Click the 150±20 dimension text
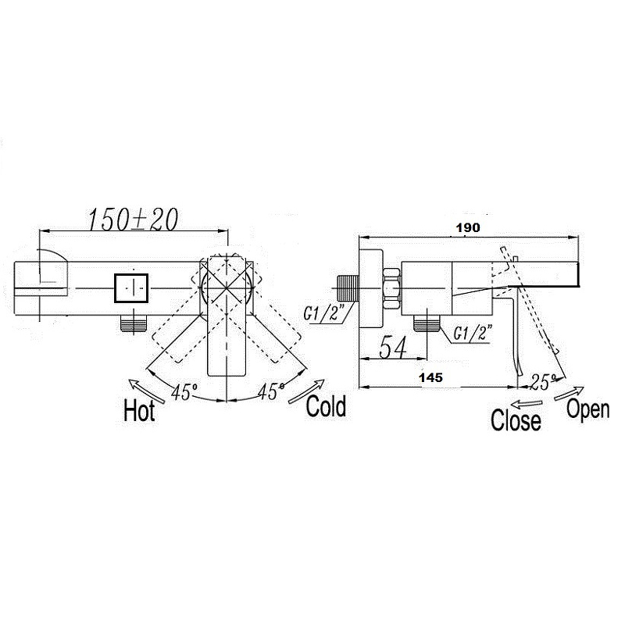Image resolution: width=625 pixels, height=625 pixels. tap(132, 220)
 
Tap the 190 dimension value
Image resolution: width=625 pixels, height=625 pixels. tap(468, 227)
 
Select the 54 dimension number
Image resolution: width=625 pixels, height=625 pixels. tap(393, 347)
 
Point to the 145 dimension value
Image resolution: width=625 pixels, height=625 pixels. tap(431, 377)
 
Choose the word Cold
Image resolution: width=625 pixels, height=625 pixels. tap(326, 406)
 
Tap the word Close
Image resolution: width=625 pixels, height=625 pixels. tap(516, 420)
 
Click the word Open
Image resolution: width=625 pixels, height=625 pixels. tap(588, 409)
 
